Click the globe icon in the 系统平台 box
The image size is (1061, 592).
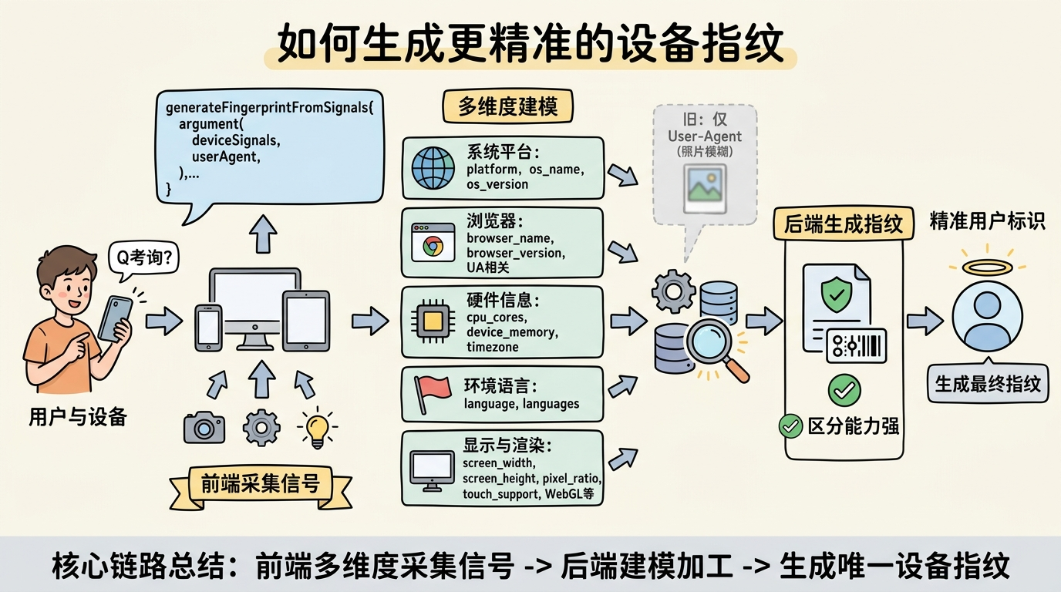click(433, 168)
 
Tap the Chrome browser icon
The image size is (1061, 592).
click(433, 243)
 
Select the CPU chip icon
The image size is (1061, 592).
click(433, 322)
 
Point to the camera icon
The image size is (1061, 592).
click(204, 427)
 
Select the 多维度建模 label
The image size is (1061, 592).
click(507, 106)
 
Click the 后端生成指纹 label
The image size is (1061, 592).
click(843, 223)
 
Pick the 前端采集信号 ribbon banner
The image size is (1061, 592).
click(261, 486)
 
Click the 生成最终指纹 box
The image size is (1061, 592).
click(988, 384)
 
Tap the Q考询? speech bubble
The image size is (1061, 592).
click(143, 259)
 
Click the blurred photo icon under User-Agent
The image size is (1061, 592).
click(705, 189)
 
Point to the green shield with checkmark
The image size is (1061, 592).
click(837, 294)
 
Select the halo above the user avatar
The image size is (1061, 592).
click(988, 267)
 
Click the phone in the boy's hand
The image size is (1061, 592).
click(115, 318)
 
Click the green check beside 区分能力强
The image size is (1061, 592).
click(790, 425)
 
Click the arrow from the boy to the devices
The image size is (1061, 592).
click(164, 321)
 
